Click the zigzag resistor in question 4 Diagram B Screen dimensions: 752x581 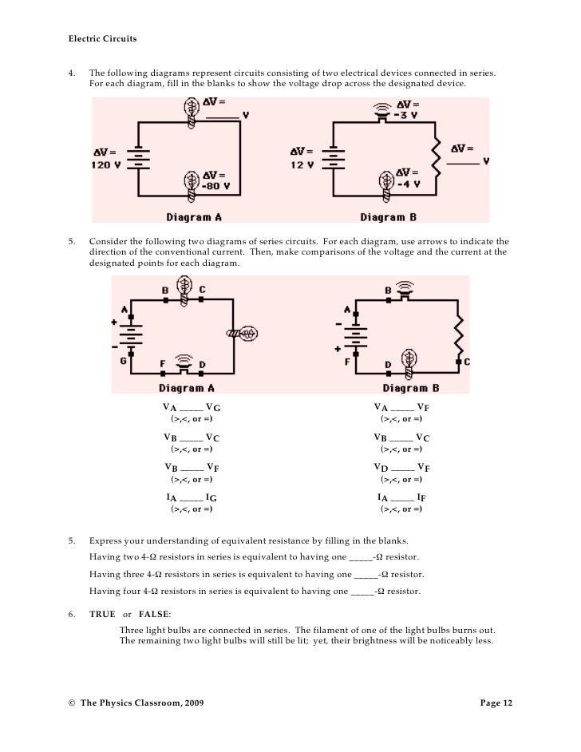(x=437, y=158)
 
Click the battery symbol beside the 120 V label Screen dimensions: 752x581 (x=140, y=158)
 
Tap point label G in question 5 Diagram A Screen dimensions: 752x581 (x=124, y=360)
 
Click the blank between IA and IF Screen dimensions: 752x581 (x=403, y=497)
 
